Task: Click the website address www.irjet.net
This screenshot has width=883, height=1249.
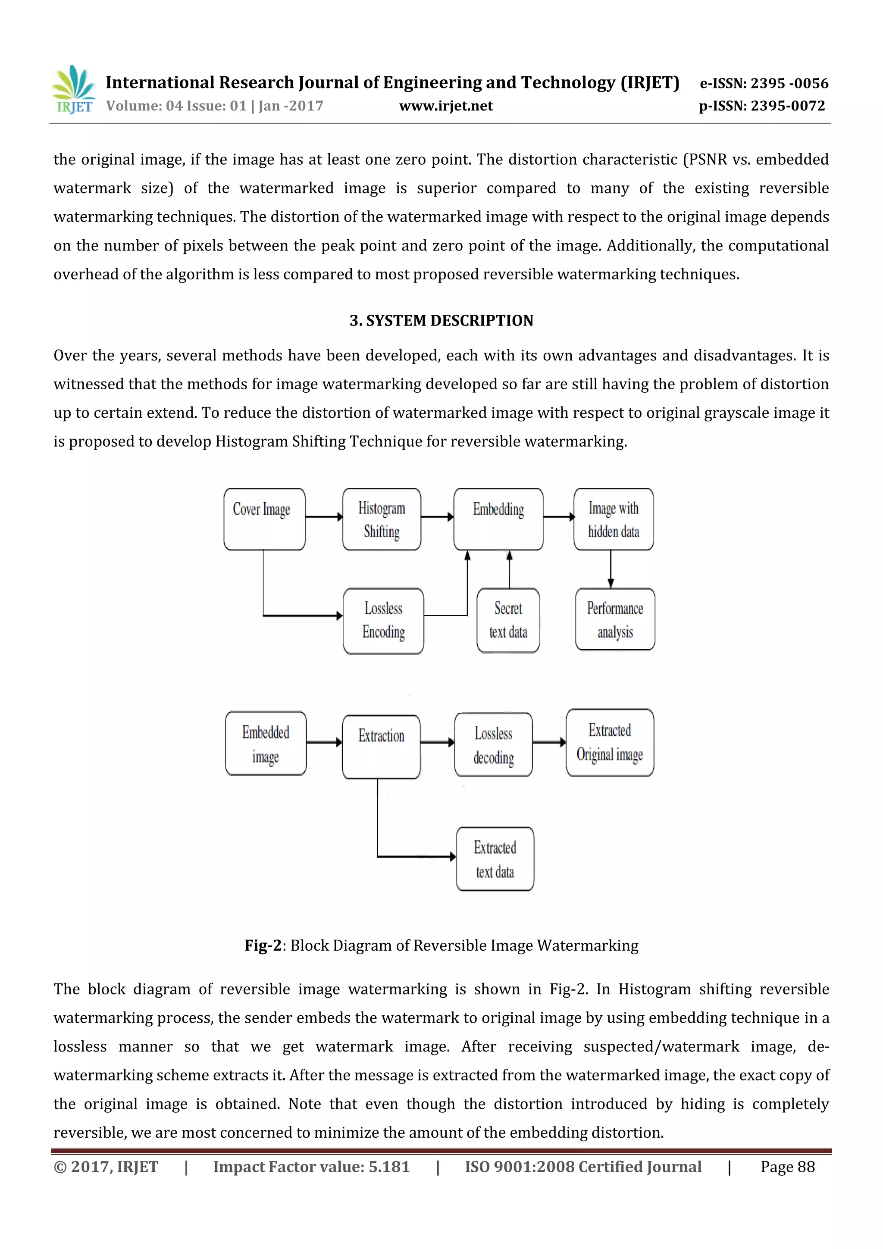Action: click(x=445, y=106)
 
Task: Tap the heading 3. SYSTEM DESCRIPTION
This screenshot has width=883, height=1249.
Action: click(x=441, y=320)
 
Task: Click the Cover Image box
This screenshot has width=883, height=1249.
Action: click(x=264, y=519)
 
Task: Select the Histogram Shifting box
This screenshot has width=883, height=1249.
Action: click(x=382, y=519)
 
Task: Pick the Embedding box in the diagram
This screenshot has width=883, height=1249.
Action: click(x=498, y=519)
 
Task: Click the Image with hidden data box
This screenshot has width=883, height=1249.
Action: click(x=613, y=519)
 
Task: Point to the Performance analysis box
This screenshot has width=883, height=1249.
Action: click(x=615, y=620)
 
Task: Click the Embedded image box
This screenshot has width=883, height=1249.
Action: click(x=266, y=743)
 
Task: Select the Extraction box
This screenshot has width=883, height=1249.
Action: click(x=381, y=746)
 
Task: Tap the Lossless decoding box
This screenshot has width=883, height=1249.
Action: click(x=494, y=744)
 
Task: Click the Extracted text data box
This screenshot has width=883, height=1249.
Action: click(x=495, y=859)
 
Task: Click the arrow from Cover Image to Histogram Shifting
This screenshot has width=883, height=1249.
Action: click(x=324, y=517)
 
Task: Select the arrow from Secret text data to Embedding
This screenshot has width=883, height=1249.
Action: click(x=509, y=569)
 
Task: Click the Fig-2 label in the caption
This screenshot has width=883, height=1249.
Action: click(x=263, y=945)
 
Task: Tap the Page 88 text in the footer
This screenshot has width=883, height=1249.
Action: click(x=787, y=1167)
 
